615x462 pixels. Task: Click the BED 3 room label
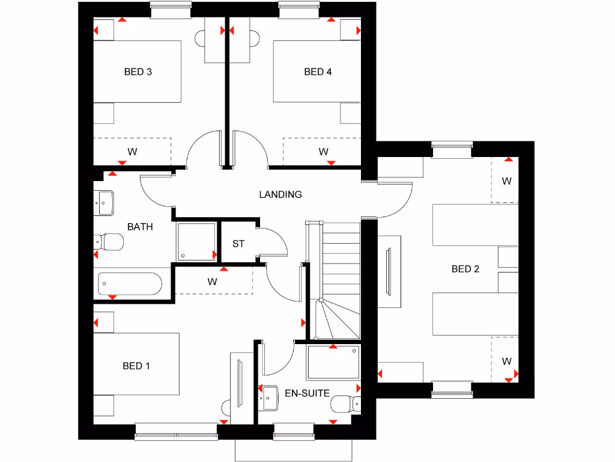[138, 72]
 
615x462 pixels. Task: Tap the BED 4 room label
[318, 72]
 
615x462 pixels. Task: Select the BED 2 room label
[465, 269]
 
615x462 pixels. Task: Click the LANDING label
[280, 194]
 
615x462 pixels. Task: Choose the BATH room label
[140, 227]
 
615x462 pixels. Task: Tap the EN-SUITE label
[307, 393]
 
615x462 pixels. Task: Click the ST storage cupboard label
[238, 244]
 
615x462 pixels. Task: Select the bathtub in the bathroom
[130, 283]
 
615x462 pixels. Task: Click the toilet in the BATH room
[109, 242]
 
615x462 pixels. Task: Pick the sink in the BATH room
[105, 203]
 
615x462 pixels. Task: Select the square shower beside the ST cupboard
[196, 242]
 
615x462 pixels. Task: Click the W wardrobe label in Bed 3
[132, 152]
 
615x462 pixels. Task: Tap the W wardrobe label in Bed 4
[323, 152]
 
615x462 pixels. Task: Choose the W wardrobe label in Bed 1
[212, 281]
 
